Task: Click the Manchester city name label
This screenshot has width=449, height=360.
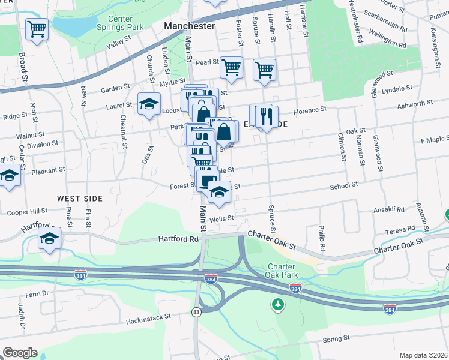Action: pyautogui.click(x=189, y=26)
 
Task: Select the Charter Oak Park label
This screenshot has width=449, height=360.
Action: pyautogui.click(x=281, y=271)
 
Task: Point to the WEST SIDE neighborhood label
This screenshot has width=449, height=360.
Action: pyautogui.click(x=80, y=198)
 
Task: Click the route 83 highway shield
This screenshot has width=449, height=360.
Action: pyautogui.click(x=196, y=311)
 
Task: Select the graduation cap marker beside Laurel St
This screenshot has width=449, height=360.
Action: pyautogui.click(x=148, y=104)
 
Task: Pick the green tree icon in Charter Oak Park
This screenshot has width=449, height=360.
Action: pyautogui.click(x=277, y=305)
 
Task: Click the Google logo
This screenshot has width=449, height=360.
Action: pyautogui.click(x=19, y=353)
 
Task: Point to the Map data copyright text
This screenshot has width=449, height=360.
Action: pyautogui.click(x=423, y=355)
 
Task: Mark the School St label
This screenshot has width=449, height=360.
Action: pyautogui.click(x=344, y=186)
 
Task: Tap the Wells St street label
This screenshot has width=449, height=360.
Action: pyautogui.click(x=221, y=218)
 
